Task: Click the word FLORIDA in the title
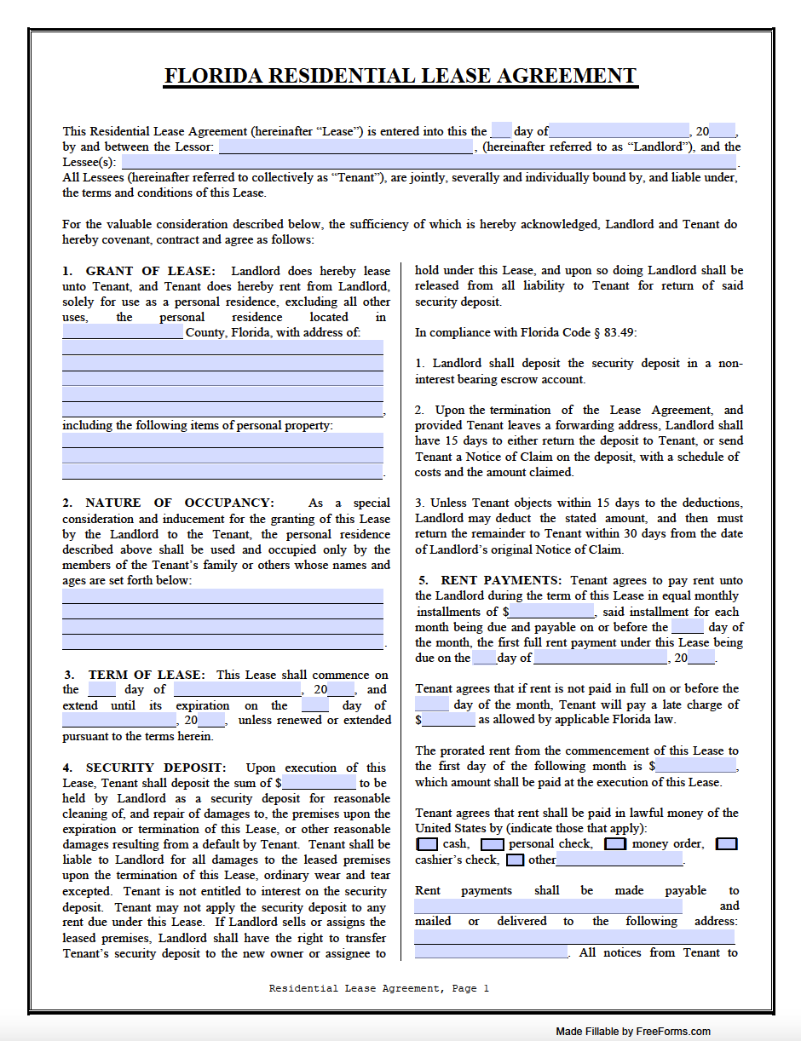(x=214, y=77)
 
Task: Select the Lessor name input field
(x=346, y=147)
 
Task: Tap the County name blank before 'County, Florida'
(x=122, y=332)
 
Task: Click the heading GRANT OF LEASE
(x=151, y=270)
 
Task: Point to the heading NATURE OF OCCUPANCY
(x=180, y=503)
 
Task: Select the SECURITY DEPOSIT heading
(x=156, y=768)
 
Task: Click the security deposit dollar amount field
(x=319, y=783)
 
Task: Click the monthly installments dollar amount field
(x=552, y=612)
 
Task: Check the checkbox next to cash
(x=427, y=844)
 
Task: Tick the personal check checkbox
(x=492, y=844)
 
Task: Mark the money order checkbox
(x=615, y=844)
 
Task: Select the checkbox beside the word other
(x=515, y=860)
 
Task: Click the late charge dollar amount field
(x=449, y=720)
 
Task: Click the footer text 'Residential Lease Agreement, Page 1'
(x=379, y=989)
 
